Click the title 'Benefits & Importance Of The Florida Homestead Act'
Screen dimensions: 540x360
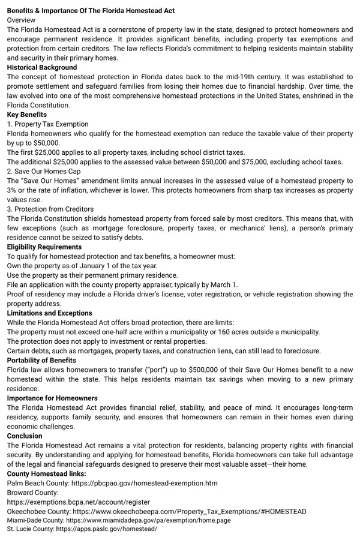coord(91,10)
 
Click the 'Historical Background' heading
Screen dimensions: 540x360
coord(42,67)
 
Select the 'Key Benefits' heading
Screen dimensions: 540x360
coord(27,115)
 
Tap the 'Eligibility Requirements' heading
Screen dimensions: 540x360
coord(44,247)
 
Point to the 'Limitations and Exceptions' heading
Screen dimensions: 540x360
coord(50,313)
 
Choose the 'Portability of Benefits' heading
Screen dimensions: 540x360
coord(41,360)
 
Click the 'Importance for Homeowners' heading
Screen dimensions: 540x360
coord(50,398)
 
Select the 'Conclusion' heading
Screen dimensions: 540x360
coord(25,436)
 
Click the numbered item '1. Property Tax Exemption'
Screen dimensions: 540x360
coord(47,124)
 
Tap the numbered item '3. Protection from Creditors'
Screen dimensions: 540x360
coord(50,209)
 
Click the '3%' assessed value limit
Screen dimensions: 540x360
coord(13,190)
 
